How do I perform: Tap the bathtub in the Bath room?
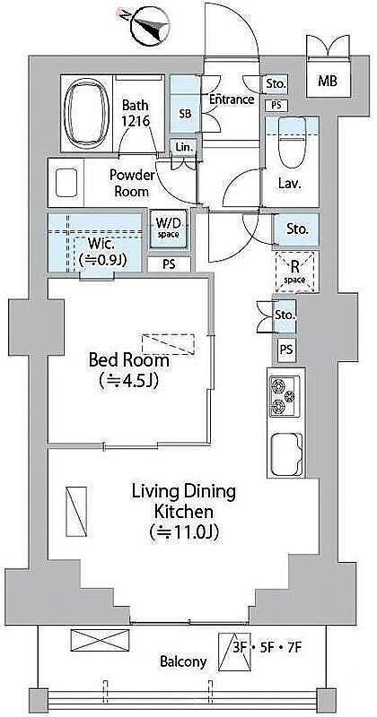86,113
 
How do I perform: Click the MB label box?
328,81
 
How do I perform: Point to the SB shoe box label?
185,114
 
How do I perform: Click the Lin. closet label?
185,147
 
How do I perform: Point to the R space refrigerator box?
295,272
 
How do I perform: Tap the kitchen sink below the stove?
286,455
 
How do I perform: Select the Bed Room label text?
128,361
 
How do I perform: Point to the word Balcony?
183,661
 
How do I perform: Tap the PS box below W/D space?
169,264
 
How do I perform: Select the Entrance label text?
232,99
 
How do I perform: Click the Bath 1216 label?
136,113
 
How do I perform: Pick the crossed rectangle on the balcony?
100,640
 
